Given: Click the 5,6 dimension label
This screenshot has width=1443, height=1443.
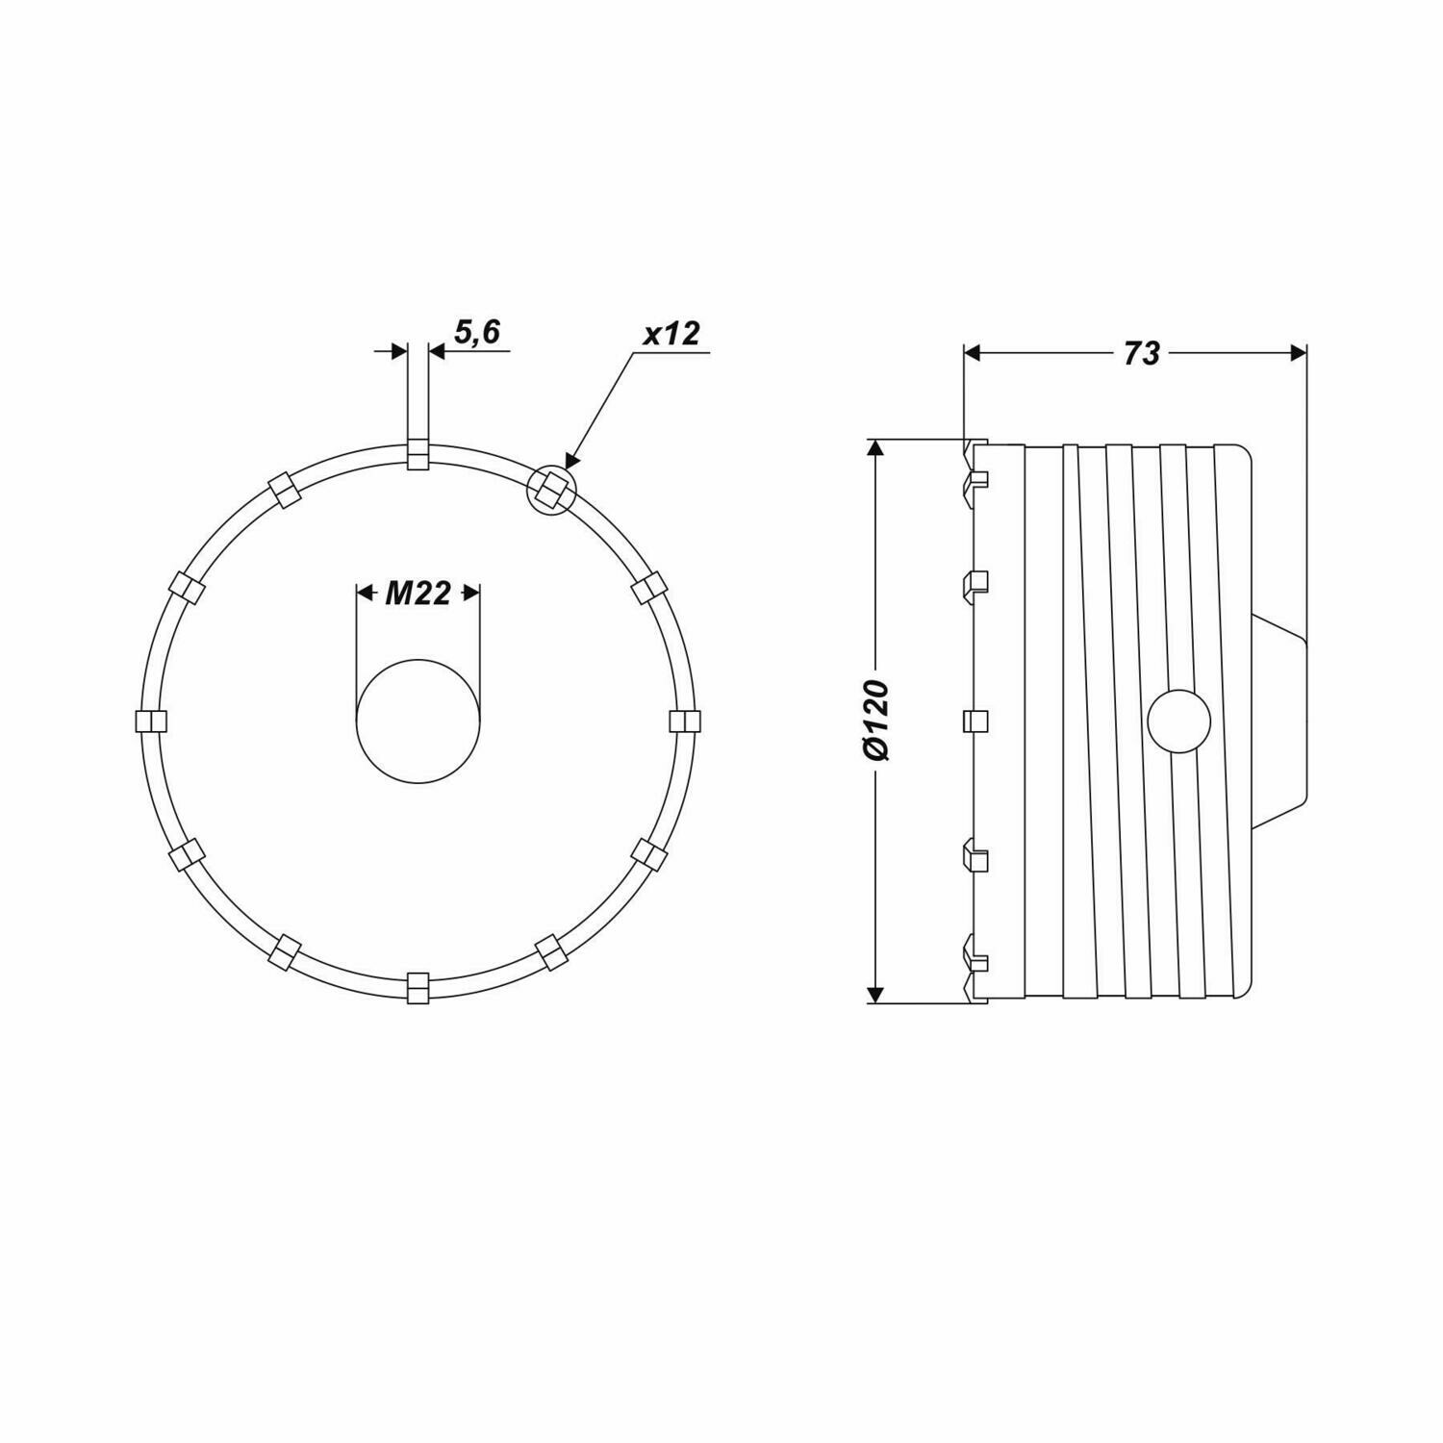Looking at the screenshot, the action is tap(477, 333).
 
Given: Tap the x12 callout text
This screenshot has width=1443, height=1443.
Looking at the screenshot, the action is tap(671, 334).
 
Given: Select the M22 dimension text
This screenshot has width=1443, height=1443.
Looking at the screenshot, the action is tap(418, 594).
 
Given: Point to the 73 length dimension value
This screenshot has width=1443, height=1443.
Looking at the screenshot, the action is tap(1141, 354).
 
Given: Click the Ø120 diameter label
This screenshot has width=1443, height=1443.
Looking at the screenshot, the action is tap(876, 721).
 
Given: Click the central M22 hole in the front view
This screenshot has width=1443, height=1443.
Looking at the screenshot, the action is tap(418, 721).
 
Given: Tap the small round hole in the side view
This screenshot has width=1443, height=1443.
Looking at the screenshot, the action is tap(1179, 721).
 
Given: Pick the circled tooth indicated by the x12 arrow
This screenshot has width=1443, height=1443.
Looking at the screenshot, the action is tap(551, 490).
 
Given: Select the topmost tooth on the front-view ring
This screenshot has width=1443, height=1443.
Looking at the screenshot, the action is tap(418, 455).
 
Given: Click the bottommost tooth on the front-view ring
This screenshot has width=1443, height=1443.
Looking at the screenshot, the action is tap(418, 987).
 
